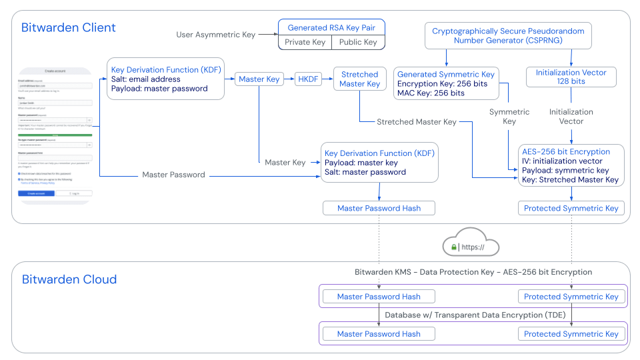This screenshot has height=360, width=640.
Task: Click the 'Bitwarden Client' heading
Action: (69, 28)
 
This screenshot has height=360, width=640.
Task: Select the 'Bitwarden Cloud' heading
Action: (69, 279)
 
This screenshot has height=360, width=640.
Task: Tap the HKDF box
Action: (308, 79)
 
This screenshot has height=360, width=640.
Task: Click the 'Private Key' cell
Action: (305, 42)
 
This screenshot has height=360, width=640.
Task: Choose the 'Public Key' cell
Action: (358, 42)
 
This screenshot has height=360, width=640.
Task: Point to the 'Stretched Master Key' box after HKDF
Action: (359, 79)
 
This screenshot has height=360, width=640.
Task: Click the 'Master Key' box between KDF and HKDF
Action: (259, 79)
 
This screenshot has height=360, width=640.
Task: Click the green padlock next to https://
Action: (454, 247)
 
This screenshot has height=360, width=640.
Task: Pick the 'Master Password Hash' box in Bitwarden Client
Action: (379, 208)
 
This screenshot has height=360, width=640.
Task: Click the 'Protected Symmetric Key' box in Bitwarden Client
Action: (571, 208)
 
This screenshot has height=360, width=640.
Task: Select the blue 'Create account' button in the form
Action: (36, 193)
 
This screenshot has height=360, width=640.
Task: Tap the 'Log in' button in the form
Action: (73, 193)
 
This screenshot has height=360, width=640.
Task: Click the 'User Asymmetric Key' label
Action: (215, 35)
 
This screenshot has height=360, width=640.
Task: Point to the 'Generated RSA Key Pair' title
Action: (331, 28)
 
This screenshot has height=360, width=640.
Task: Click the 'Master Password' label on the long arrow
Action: (174, 175)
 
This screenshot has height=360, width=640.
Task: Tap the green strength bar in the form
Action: (55, 134)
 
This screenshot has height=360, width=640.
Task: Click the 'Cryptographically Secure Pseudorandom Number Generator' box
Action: (508, 36)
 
